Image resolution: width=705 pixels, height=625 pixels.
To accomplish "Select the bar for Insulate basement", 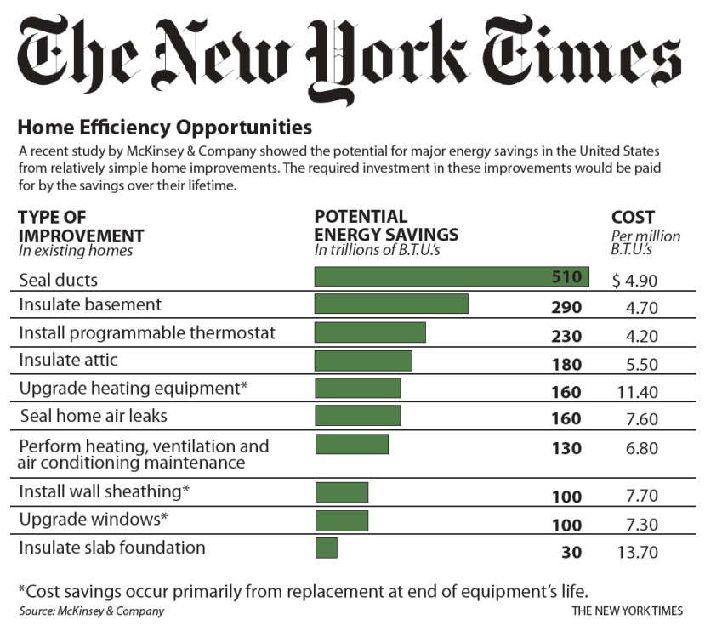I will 391,304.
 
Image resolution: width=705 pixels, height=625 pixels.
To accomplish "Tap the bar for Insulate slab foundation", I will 327,548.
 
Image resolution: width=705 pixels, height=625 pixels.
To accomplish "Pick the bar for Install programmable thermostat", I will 370,332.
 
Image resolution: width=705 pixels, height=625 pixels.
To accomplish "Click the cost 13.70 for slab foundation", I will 638,552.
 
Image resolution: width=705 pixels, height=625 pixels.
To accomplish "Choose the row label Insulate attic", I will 68,361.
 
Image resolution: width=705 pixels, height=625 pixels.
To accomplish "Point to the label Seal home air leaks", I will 93,416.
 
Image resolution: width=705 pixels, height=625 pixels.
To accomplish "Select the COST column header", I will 633,218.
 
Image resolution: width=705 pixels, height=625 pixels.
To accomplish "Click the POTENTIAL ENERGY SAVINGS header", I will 386,225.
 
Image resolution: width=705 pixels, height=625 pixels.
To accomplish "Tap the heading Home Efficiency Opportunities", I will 165,128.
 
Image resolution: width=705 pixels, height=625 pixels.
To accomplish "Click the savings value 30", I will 571,552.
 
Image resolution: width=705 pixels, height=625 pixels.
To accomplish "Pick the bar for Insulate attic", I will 363,361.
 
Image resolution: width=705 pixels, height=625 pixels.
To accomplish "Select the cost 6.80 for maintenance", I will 639,447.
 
